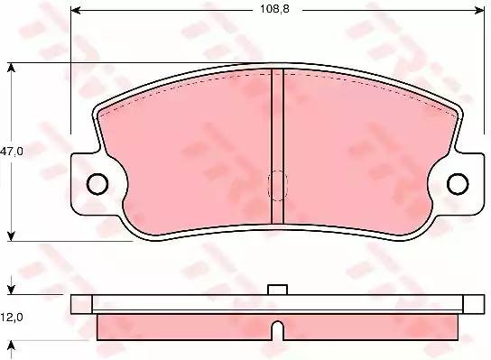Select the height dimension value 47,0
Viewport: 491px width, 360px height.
12,152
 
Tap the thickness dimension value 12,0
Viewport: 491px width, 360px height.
12,318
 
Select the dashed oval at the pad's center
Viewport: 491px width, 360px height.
278,187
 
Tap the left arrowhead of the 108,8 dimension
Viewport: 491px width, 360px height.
76,11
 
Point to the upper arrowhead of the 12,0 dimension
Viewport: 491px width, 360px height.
11,291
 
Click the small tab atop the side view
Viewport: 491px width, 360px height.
278,290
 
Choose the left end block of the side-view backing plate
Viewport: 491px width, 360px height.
81,303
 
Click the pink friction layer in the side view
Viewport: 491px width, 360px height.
181,323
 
